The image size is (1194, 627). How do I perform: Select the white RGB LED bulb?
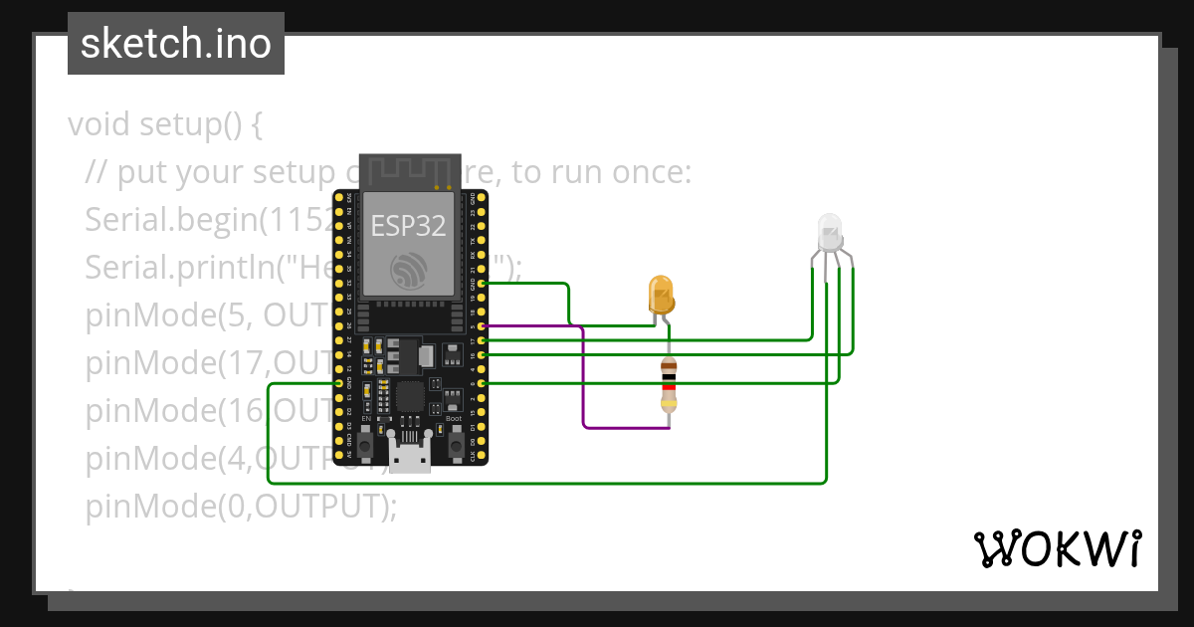[829, 232]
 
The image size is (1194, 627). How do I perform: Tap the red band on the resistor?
[669, 387]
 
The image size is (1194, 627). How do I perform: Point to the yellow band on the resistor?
[669, 402]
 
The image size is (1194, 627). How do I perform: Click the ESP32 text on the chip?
[409, 226]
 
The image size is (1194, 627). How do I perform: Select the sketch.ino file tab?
[176, 44]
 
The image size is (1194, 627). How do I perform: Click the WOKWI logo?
[1057, 548]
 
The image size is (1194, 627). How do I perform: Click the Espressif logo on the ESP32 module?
[409, 271]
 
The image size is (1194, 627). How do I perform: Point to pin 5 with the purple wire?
[483, 325]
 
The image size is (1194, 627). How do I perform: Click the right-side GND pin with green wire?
[483, 284]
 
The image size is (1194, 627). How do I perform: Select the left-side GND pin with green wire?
[338, 383]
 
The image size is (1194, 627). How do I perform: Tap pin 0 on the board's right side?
[483, 383]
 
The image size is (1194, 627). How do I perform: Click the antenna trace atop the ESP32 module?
[409, 170]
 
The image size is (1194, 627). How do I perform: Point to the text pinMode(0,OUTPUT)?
[241, 507]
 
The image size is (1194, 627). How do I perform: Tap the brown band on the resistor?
[669, 370]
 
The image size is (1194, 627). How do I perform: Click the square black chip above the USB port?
[410, 397]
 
